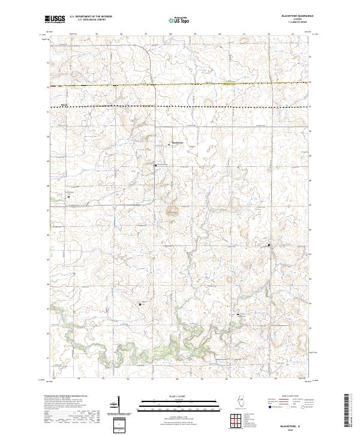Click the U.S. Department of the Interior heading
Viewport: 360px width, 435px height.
(91, 16)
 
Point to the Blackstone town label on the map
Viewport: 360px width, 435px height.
(177, 142)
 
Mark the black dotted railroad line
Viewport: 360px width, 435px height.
(180, 106)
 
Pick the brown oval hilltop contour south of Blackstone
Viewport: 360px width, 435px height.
(173, 211)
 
